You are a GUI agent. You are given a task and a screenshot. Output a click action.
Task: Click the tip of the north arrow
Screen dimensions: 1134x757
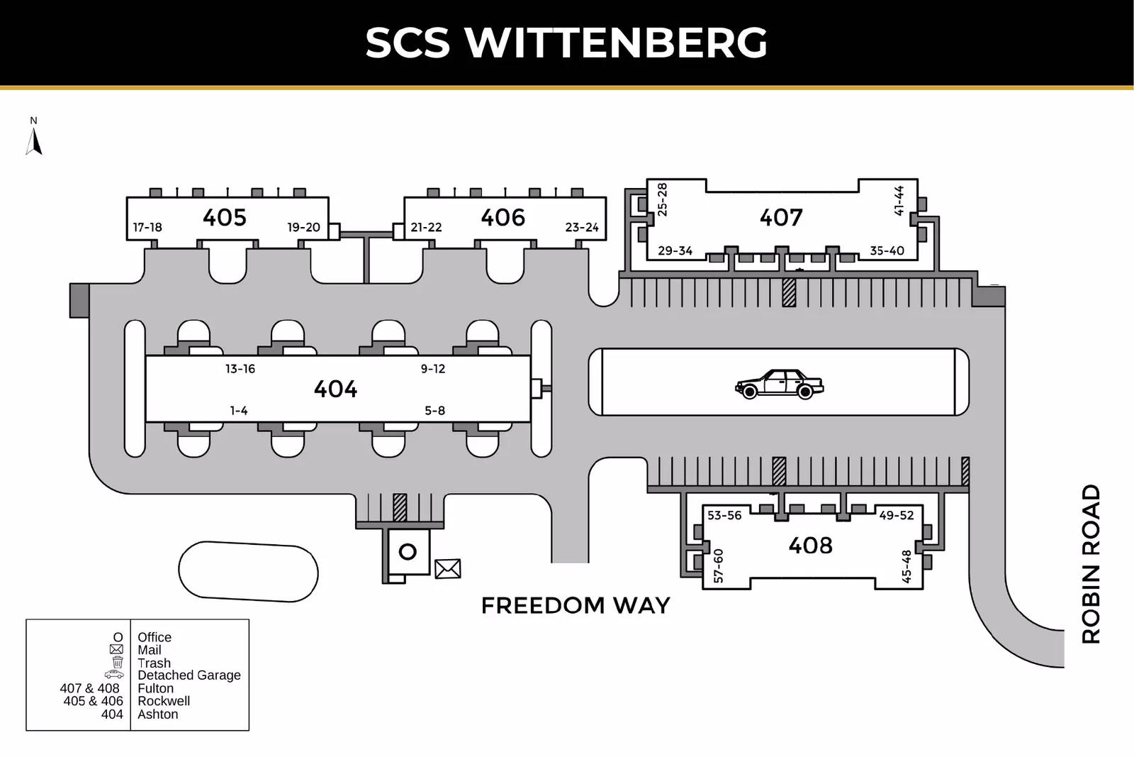click(x=34, y=128)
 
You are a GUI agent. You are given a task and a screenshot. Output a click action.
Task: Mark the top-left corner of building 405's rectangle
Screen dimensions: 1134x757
click(x=127, y=197)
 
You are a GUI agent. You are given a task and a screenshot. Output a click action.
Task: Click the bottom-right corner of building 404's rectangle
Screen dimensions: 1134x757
click(x=531, y=421)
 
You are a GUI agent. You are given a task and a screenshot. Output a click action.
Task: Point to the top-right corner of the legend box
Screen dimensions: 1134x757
click(x=249, y=619)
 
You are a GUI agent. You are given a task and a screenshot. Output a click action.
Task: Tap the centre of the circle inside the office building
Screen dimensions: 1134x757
click(x=408, y=551)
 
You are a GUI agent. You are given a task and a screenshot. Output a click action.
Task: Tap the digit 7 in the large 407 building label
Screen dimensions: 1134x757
click(x=795, y=217)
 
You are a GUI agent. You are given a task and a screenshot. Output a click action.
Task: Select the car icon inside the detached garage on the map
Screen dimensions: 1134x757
click(x=779, y=384)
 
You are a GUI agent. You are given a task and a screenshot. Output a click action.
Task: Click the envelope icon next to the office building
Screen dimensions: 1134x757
click(x=447, y=568)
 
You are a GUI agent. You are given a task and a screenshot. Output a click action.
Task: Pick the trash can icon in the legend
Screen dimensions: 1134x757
click(x=118, y=662)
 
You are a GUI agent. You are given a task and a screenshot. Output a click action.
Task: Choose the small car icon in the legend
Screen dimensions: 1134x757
click(x=114, y=675)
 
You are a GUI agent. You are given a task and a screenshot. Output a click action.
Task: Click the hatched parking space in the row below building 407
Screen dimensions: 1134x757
click(x=789, y=292)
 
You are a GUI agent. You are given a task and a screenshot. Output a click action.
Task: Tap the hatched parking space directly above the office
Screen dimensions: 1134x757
click(x=400, y=508)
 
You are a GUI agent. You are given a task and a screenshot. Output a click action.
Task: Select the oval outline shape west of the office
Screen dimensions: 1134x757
click(x=248, y=572)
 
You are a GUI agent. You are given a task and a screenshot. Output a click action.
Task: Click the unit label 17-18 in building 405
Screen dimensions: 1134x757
click(x=147, y=228)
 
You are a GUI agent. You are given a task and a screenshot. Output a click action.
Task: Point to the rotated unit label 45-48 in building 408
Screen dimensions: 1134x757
click(x=906, y=566)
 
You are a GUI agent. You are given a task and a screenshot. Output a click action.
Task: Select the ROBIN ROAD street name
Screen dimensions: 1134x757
click(x=1091, y=564)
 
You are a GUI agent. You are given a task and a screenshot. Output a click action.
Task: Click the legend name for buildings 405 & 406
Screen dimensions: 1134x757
click(x=164, y=701)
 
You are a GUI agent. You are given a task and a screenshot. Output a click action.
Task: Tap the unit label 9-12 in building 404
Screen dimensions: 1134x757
click(x=433, y=369)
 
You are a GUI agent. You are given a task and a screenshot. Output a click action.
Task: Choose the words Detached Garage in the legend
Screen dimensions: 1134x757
click(x=189, y=675)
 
